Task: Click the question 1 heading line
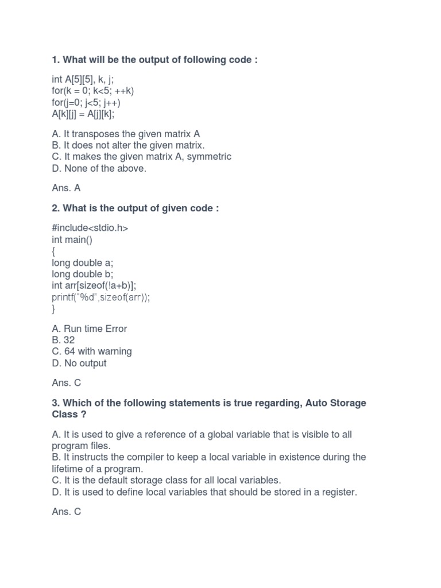click(154, 60)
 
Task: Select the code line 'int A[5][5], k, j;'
click(83, 79)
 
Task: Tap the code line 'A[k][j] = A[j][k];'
click(83, 114)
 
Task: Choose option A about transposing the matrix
click(126, 134)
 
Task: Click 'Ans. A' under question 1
click(66, 188)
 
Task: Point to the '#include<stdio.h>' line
click(90, 228)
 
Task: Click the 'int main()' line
click(72, 239)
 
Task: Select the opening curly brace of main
click(53, 251)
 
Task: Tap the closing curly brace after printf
click(53, 308)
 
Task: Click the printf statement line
click(101, 297)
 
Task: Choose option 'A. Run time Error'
click(90, 328)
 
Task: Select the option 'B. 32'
click(63, 340)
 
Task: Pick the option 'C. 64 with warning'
click(92, 351)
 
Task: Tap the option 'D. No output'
click(79, 363)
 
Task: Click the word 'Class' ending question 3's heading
click(64, 414)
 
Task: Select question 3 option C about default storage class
click(167, 480)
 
